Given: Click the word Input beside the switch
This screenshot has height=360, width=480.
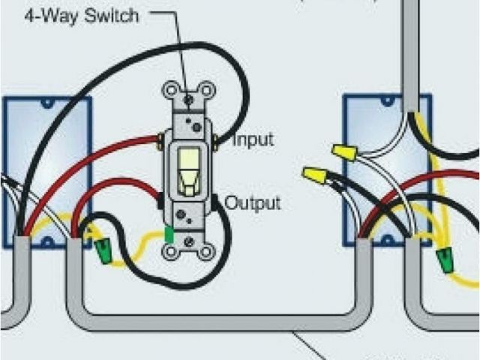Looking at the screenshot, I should tap(253, 139).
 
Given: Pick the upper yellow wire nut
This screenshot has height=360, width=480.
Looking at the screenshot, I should tap(344, 153).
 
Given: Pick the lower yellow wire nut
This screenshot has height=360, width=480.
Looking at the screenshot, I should tap(315, 178).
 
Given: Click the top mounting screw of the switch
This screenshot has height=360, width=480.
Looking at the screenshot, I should tap(190, 98).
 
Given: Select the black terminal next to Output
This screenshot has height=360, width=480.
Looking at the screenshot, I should tap(216, 201).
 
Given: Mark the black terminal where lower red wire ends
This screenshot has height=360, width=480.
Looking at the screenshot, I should tap(161, 201).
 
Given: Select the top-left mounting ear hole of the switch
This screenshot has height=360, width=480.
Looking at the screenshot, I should tap(170, 91).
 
